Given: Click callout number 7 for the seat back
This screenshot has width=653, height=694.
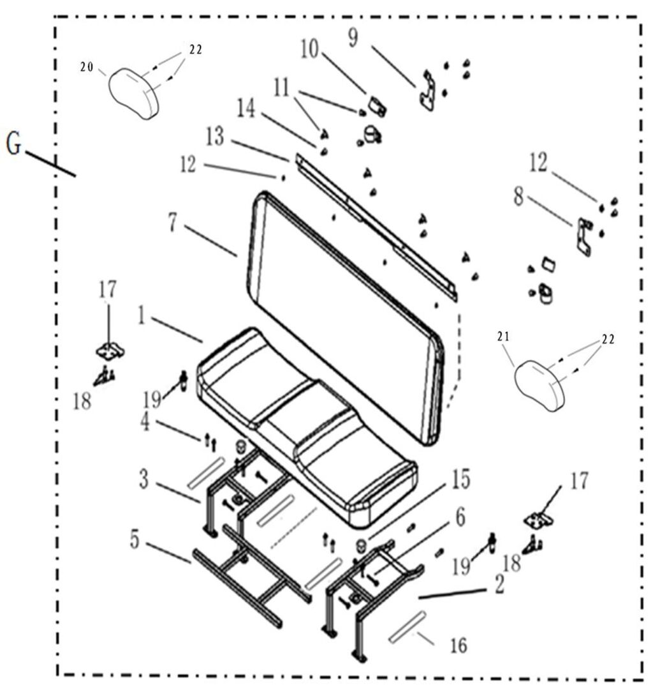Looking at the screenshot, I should click(172, 222).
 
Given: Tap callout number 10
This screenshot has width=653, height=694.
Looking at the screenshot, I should click(309, 50).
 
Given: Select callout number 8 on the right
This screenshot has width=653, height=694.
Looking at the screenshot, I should click(518, 197).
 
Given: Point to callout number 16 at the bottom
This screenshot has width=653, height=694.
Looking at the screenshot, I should click(457, 646).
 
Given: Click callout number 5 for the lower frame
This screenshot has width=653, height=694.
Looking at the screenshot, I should click(134, 539).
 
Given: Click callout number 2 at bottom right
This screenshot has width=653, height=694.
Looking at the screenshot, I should click(498, 583).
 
